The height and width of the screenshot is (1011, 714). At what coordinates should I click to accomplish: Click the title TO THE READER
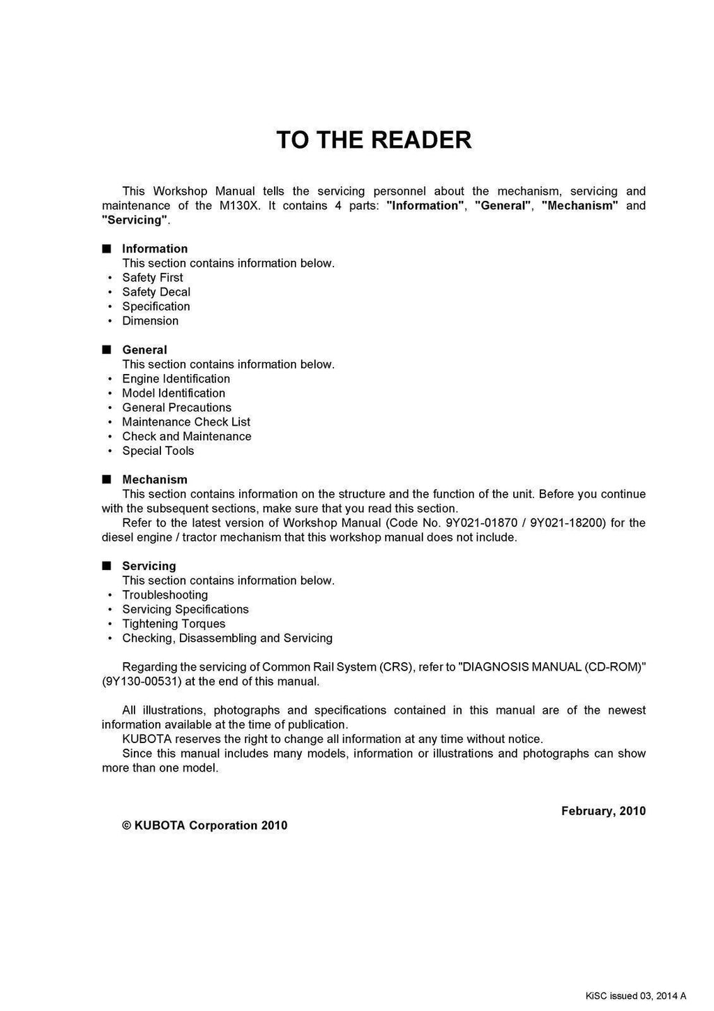point(374,140)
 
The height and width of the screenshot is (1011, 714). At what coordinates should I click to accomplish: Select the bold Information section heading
point(155,249)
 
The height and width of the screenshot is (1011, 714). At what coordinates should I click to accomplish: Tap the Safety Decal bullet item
point(156,292)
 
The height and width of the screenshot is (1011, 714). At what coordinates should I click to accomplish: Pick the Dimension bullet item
point(151,321)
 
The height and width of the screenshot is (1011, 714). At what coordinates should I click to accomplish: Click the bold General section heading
point(144,350)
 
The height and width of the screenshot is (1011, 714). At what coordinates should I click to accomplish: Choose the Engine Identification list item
point(176,379)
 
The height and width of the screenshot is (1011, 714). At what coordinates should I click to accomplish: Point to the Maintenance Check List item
point(186,422)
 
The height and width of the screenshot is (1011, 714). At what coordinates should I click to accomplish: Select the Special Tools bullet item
point(158,451)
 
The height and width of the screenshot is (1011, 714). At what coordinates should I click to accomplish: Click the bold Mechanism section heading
point(155,480)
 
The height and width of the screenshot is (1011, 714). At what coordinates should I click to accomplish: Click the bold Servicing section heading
point(149,567)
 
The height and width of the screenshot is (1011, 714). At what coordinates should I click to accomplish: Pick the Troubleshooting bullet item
point(165,595)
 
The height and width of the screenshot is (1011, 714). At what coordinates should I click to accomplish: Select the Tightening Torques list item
point(174,624)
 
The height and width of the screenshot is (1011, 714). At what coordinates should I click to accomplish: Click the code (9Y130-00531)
point(142,682)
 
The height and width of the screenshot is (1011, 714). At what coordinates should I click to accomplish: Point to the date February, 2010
point(603,811)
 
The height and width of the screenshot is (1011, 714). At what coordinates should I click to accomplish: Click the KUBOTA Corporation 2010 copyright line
point(204,825)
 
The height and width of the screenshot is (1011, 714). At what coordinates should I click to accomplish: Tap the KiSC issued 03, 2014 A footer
point(635,996)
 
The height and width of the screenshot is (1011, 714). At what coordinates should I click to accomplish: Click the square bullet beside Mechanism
point(106,479)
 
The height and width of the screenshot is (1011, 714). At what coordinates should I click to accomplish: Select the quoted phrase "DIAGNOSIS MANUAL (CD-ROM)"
point(552,667)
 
